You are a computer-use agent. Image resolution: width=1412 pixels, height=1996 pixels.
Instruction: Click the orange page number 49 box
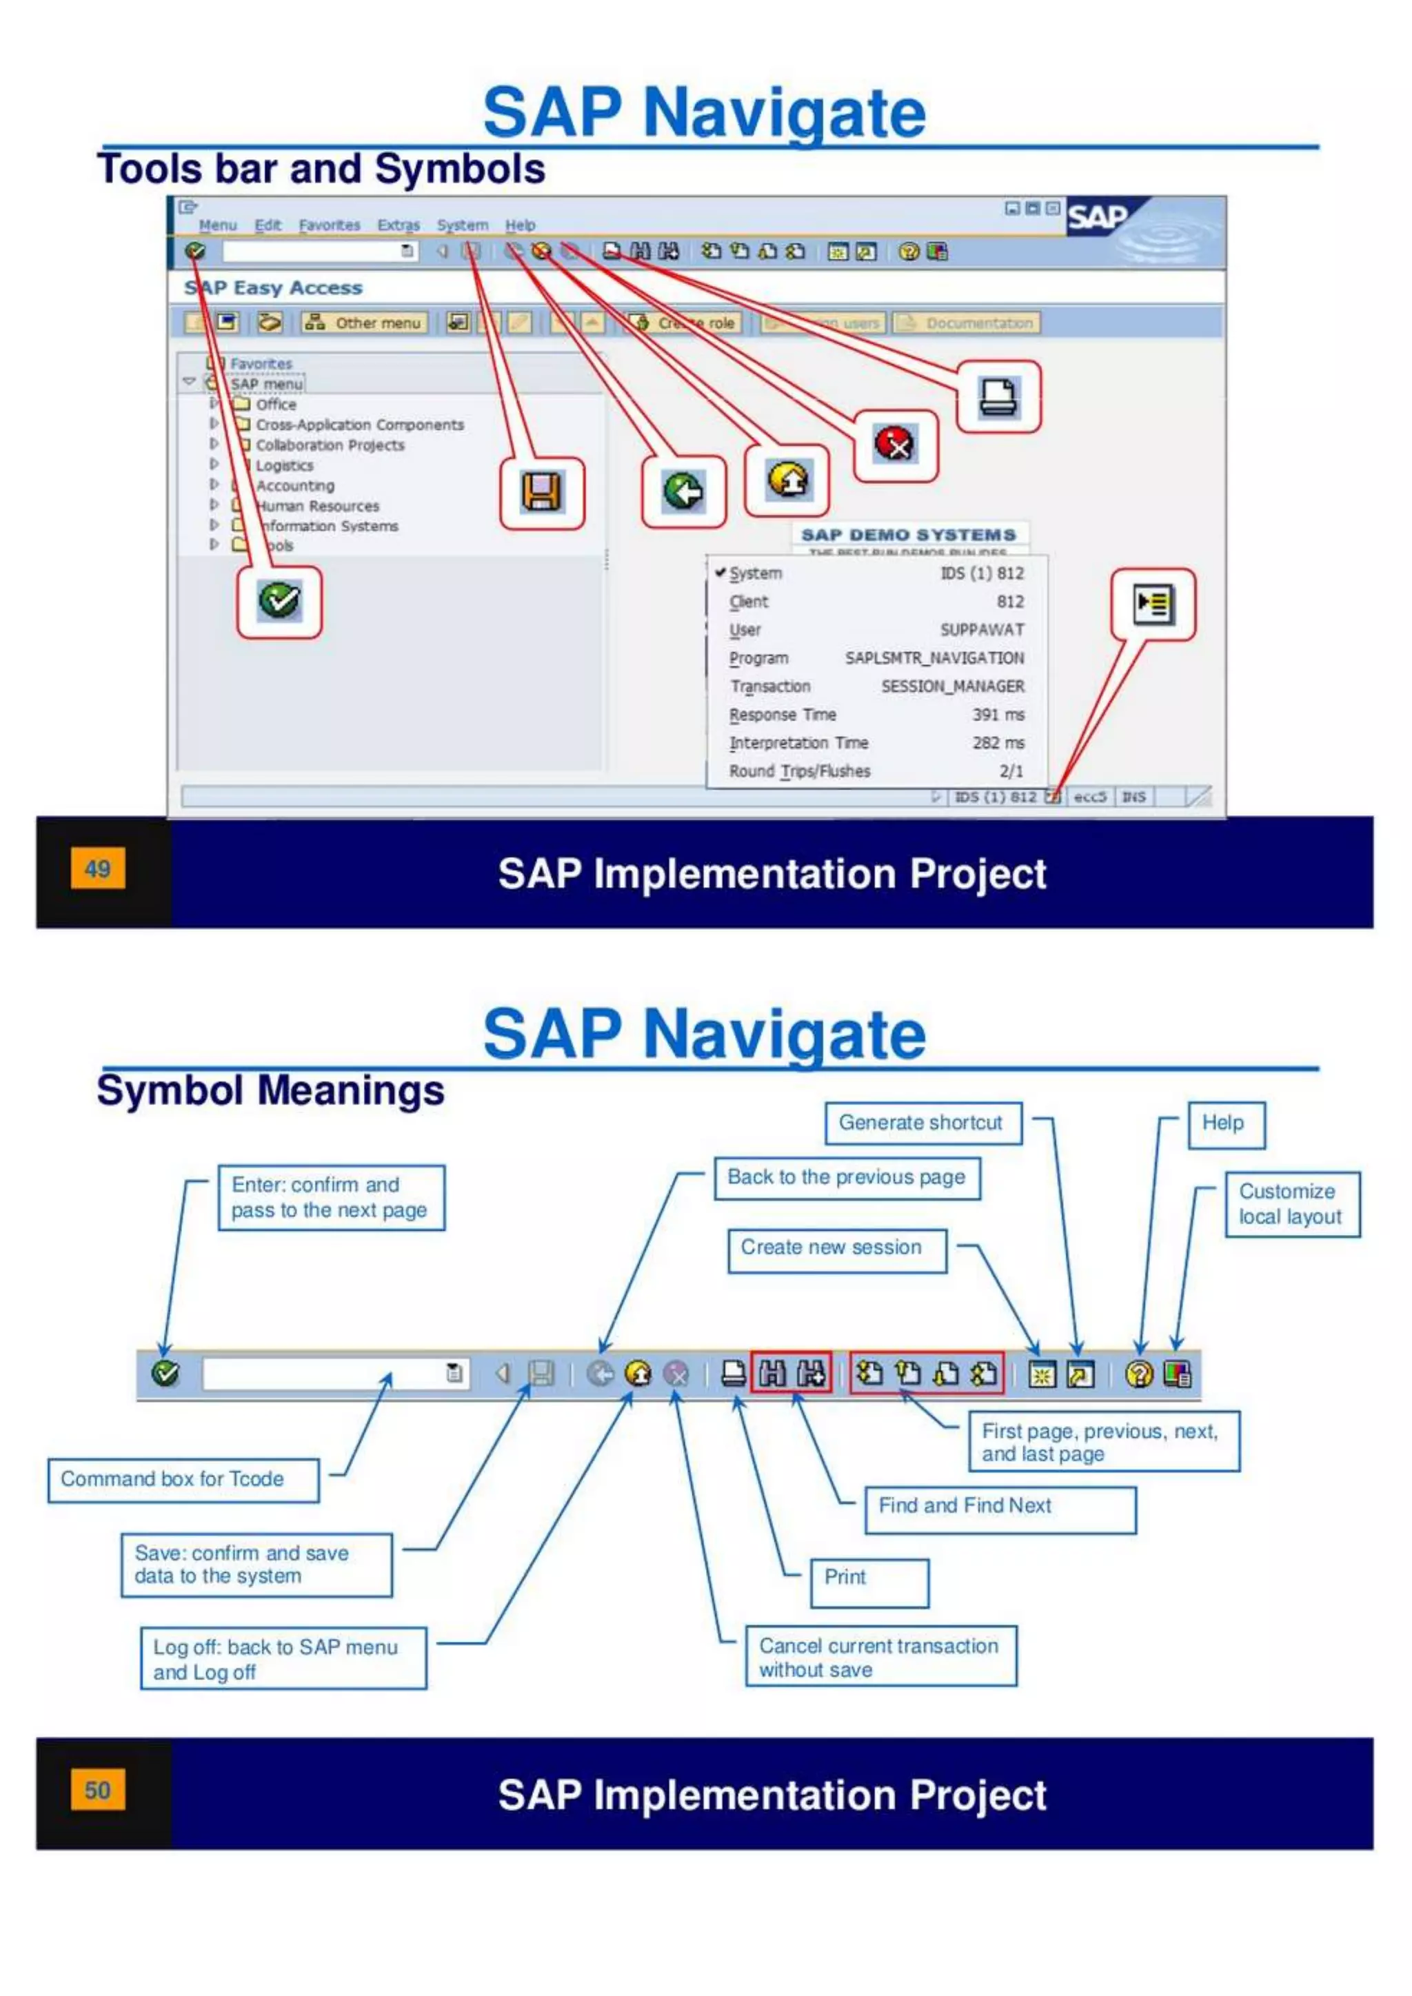click(x=97, y=868)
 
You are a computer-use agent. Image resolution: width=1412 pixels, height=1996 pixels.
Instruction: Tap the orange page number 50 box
click(x=97, y=1789)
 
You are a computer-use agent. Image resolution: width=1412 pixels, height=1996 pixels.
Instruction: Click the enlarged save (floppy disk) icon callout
click(x=542, y=492)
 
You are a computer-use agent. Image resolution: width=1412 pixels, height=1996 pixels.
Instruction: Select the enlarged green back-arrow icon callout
click(x=683, y=492)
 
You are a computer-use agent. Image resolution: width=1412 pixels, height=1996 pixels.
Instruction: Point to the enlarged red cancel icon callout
click(x=895, y=445)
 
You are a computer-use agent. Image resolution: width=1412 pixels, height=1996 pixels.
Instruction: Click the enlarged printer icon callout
click(x=998, y=397)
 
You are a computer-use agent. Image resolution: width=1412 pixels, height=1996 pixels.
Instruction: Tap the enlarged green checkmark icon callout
click(x=279, y=601)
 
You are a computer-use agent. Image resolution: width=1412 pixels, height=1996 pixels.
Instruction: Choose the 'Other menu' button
click(x=365, y=323)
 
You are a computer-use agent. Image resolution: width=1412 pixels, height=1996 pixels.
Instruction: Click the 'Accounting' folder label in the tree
click(x=295, y=486)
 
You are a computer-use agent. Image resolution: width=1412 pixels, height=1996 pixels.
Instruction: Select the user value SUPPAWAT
click(x=982, y=629)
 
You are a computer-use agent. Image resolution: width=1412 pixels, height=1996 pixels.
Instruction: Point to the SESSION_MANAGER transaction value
click(x=952, y=686)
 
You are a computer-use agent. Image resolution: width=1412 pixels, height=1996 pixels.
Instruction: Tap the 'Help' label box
click(x=1225, y=1124)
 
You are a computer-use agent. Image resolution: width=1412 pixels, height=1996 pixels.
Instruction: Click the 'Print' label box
click(x=869, y=1578)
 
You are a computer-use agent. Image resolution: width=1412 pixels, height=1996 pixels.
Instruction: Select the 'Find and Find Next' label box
click(x=999, y=1507)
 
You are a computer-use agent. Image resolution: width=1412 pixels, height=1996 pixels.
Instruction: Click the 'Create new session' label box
click(x=836, y=1248)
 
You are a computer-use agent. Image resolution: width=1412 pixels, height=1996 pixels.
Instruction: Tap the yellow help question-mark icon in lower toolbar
click(x=1138, y=1374)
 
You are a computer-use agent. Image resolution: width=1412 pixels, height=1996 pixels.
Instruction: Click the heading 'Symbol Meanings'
click(x=270, y=1090)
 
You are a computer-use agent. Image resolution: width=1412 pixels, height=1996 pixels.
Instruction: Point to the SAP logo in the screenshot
click(x=1097, y=217)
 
